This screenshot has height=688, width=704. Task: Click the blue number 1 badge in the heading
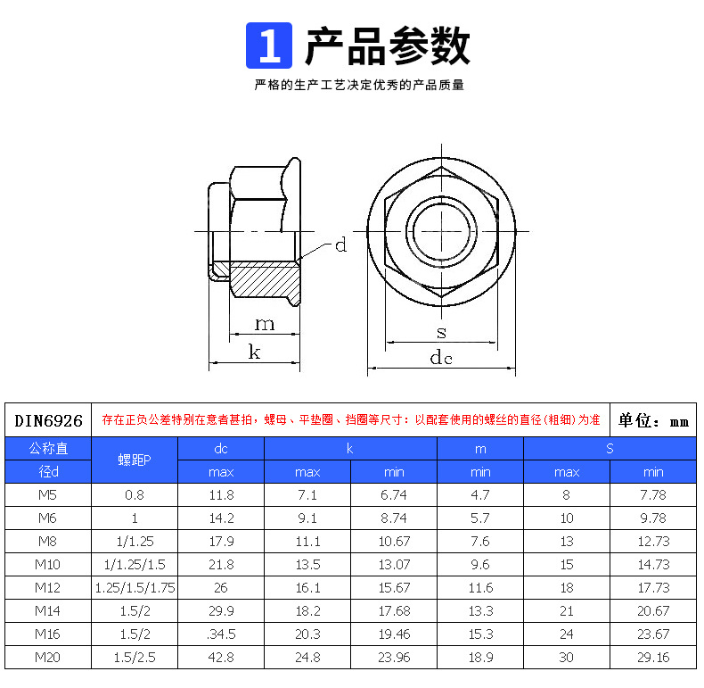(269, 46)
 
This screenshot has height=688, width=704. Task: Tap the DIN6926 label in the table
(48, 420)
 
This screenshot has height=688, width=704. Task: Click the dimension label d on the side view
(340, 245)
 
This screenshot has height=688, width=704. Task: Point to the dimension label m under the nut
(265, 323)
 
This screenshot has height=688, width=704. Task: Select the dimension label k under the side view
(254, 352)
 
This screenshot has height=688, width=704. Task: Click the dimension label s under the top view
(441, 332)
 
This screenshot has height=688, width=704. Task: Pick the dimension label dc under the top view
(441, 358)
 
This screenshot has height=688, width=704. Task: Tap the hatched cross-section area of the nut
(265, 279)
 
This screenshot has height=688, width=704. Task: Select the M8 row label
(48, 541)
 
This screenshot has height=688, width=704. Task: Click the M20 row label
(48, 657)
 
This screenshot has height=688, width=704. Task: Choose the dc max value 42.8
(221, 657)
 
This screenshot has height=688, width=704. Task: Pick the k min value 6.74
(393, 494)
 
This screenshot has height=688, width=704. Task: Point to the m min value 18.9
(480, 657)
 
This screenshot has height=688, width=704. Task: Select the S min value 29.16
(652, 657)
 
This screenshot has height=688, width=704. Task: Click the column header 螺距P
(135, 460)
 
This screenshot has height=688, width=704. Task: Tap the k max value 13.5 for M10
(307, 564)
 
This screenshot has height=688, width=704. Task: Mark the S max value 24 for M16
(567, 634)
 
